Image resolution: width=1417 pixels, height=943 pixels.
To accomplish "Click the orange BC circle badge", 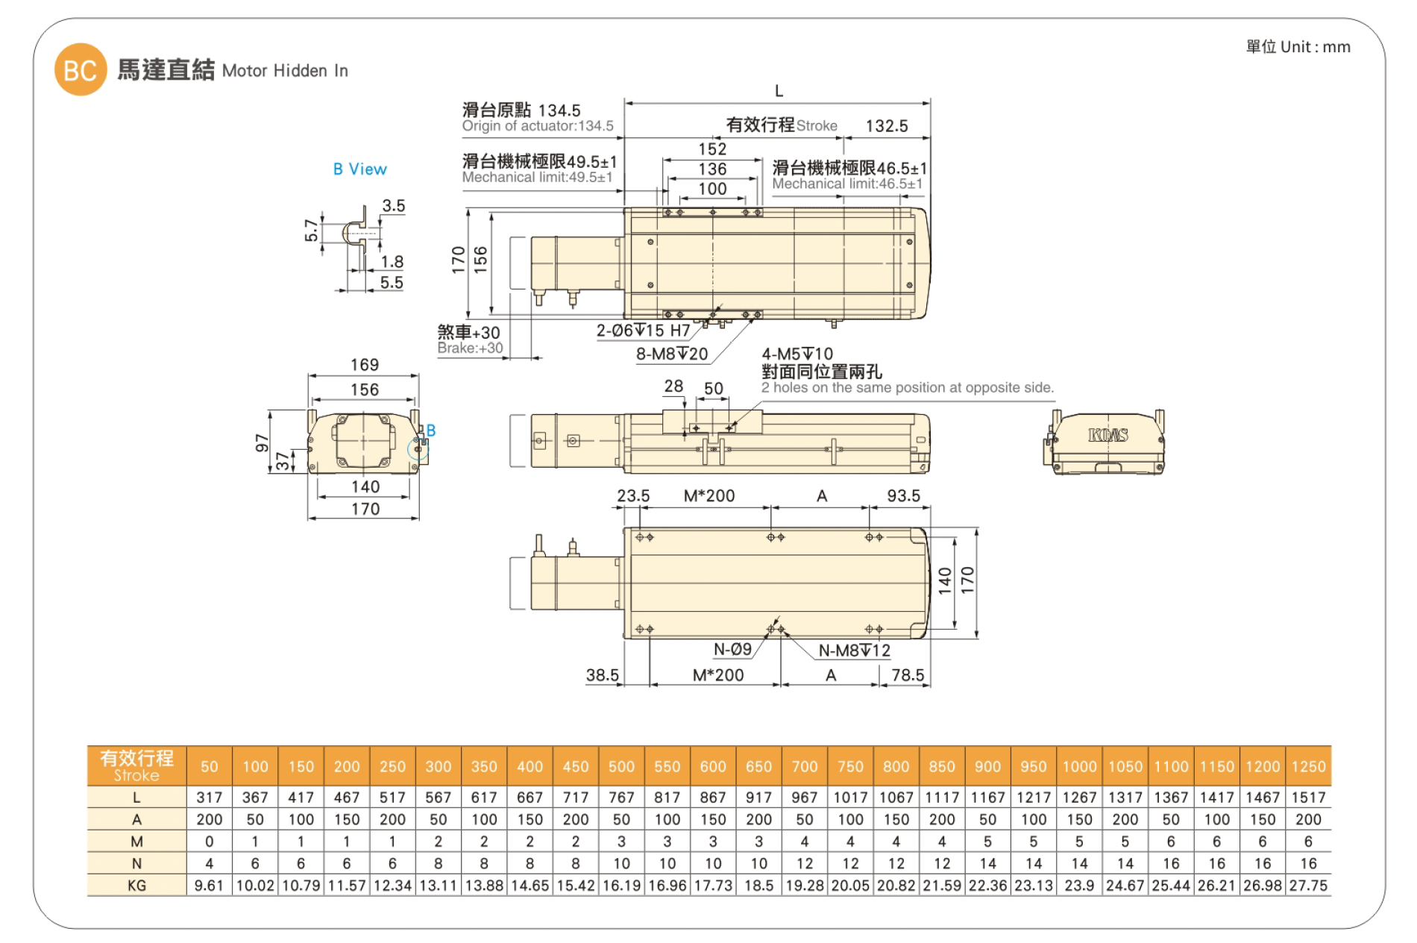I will [x=81, y=70].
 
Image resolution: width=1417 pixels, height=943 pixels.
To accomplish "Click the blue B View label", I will [x=359, y=169].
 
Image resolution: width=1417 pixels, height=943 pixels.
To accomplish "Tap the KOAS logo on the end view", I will [x=1107, y=435].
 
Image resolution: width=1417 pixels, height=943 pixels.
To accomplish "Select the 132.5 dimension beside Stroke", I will [x=886, y=126].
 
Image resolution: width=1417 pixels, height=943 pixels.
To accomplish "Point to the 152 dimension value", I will [x=712, y=149].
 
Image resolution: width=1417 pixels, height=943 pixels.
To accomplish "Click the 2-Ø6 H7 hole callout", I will [x=643, y=330].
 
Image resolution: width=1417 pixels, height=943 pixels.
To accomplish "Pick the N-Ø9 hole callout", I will [x=732, y=649].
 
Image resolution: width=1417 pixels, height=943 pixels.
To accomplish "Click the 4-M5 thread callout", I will [x=797, y=354].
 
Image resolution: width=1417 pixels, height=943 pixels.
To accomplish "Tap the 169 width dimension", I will [x=365, y=365].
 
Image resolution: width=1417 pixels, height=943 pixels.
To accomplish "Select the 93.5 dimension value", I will [x=903, y=496].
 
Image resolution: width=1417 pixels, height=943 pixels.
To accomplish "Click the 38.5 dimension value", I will [x=602, y=675].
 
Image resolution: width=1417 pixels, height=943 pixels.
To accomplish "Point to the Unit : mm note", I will [x=1298, y=47].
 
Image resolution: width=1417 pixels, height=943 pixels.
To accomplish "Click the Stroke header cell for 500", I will [x=621, y=766].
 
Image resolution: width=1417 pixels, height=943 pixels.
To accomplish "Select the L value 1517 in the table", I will [x=1308, y=798].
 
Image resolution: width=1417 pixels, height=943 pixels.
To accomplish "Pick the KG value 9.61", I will [x=209, y=886].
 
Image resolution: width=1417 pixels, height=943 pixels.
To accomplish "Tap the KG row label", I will [x=136, y=886].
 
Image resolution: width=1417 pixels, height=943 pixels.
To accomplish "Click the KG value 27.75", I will [x=1308, y=886].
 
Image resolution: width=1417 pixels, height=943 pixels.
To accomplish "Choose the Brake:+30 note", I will [x=470, y=348].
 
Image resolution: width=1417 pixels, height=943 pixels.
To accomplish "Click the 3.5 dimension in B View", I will [x=393, y=206].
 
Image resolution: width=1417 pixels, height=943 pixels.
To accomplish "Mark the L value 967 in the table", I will [x=804, y=798].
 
